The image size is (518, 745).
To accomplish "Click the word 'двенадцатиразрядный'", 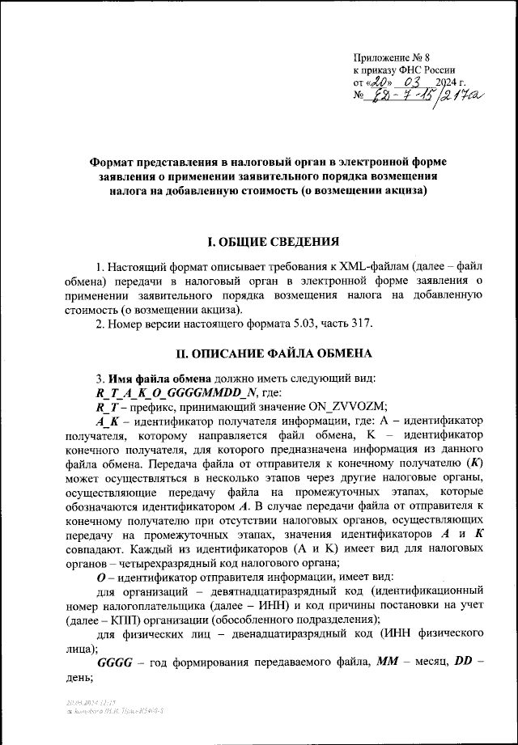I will pos(276,640).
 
